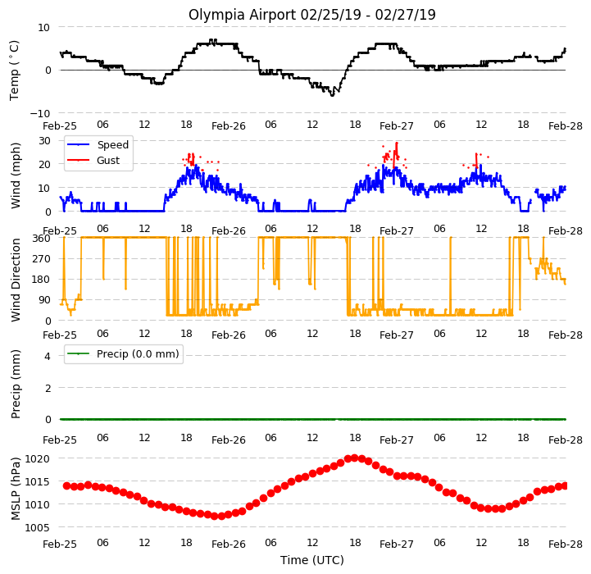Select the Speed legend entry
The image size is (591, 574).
click(x=98, y=145)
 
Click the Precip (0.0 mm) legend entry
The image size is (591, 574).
click(x=123, y=353)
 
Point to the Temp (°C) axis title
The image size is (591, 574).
click(x=14, y=71)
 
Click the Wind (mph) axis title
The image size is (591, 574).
click(x=16, y=175)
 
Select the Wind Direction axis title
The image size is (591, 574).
click(x=16, y=280)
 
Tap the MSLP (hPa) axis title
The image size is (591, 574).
click(x=16, y=489)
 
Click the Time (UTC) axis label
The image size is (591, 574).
click(x=312, y=560)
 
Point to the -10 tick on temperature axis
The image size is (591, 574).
click(x=40, y=113)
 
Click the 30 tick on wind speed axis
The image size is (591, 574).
click(x=44, y=141)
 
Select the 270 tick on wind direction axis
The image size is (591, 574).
click(x=42, y=259)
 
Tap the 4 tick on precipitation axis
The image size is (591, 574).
click(x=47, y=356)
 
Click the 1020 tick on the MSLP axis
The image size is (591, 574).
click(x=38, y=458)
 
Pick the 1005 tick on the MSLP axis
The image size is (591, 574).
click(x=38, y=527)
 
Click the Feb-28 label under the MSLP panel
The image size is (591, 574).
click(x=566, y=544)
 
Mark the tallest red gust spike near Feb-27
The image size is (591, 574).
click(x=397, y=143)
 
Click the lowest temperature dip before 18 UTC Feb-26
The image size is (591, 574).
click(x=332, y=95)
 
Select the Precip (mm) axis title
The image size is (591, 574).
click(x=16, y=385)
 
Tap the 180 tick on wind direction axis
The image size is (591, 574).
click(x=42, y=279)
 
